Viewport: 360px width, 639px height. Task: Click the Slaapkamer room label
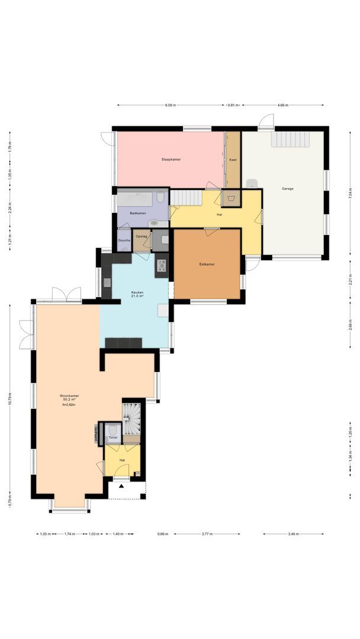point(171,160)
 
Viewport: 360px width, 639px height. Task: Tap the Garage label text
point(287,189)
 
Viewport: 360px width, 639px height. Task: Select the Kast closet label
point(233,160)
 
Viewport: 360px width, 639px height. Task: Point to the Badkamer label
point(137,213)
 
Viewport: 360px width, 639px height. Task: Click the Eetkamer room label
point(207,264)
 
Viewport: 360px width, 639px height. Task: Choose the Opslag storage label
point(141,237)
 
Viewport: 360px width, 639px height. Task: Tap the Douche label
point(124,240)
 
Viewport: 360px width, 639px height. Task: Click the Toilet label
point(112,438)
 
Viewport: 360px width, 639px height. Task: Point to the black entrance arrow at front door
point(121,486)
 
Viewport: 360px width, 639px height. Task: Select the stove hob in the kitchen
point(161,266)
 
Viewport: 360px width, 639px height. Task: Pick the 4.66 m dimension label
point(282,105)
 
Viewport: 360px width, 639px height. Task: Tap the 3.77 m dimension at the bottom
point(207,534)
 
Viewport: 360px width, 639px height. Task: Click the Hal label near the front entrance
point(122,459)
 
